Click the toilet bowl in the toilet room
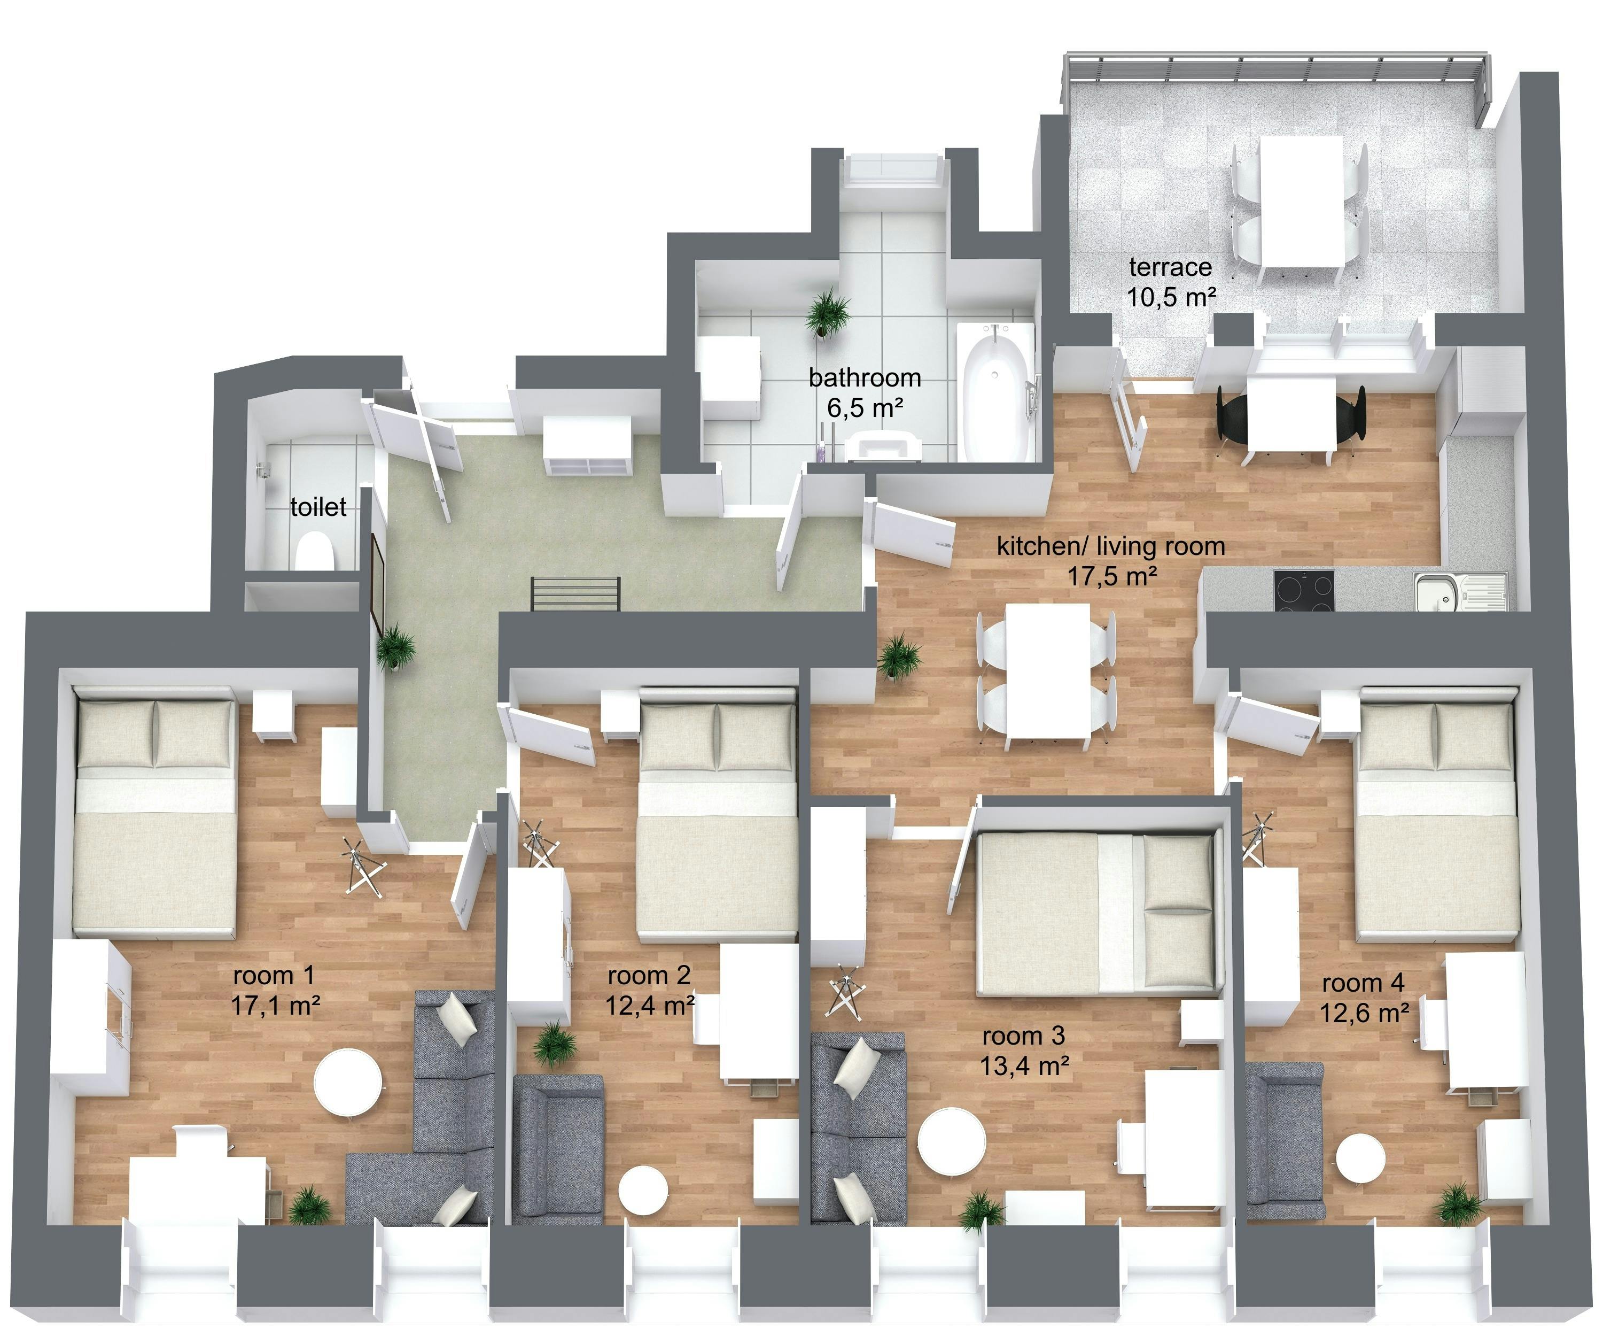point(315,550)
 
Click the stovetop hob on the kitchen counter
point(1304,590)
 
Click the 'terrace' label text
point(1170,267)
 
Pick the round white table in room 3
point(951,1146)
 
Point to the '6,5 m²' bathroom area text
point(865,408)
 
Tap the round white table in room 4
point(1360,1158)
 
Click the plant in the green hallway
point(395,647)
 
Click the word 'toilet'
point(318,507)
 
